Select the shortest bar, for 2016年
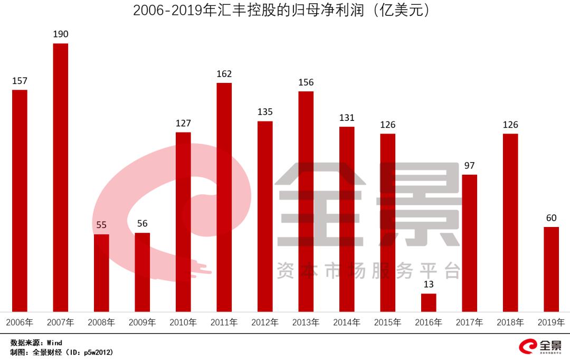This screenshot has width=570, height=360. [x=429, y=302]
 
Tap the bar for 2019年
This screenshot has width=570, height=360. [x=551, y=269]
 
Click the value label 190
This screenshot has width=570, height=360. [x=61, y=34]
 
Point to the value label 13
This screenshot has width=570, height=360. [x=429, y=285]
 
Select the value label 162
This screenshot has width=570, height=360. [x=224, y=74]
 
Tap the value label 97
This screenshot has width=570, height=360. [x=469, y=166]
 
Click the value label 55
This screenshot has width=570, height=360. [x=101, y=225]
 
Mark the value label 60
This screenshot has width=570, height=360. [x=551, y=218]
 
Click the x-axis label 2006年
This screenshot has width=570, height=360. [x=20, y=322]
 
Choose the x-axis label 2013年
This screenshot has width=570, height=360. [x=306, y=322]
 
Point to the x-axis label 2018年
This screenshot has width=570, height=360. [x=510, y=322]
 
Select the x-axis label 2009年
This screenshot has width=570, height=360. [x=142, y=322]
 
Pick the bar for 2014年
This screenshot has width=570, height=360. [x=347, y=219]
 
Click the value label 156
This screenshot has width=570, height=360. [x=306, y=82]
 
